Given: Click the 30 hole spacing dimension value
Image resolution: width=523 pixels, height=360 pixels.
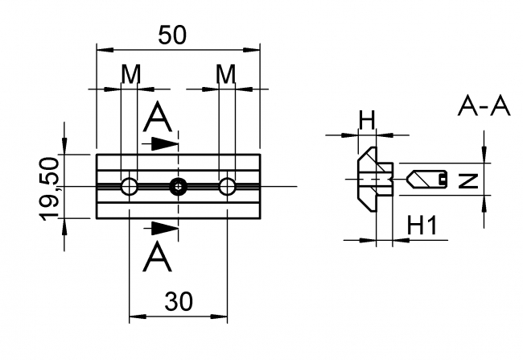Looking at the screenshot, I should [179, 301].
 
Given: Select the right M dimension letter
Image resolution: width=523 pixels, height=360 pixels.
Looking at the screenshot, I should [226, 74].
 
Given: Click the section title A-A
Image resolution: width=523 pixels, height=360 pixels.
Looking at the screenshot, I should [484, 106].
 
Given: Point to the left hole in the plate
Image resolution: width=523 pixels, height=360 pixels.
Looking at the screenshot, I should [130, 187].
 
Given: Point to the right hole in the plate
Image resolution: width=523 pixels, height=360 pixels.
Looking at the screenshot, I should [229, 187].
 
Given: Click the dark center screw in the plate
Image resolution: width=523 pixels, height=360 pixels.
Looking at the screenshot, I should [178, 187].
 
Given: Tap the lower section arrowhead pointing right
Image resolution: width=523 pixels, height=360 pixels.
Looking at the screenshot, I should [166, 230].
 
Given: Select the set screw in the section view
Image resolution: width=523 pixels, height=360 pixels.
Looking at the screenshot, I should [427, 178].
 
